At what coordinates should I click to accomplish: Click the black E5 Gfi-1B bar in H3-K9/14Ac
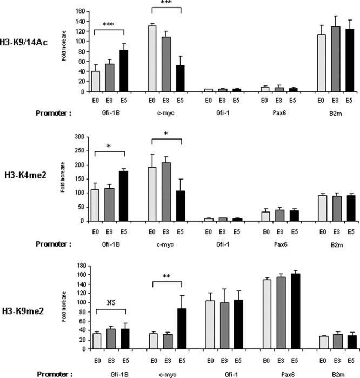(124, 71)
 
